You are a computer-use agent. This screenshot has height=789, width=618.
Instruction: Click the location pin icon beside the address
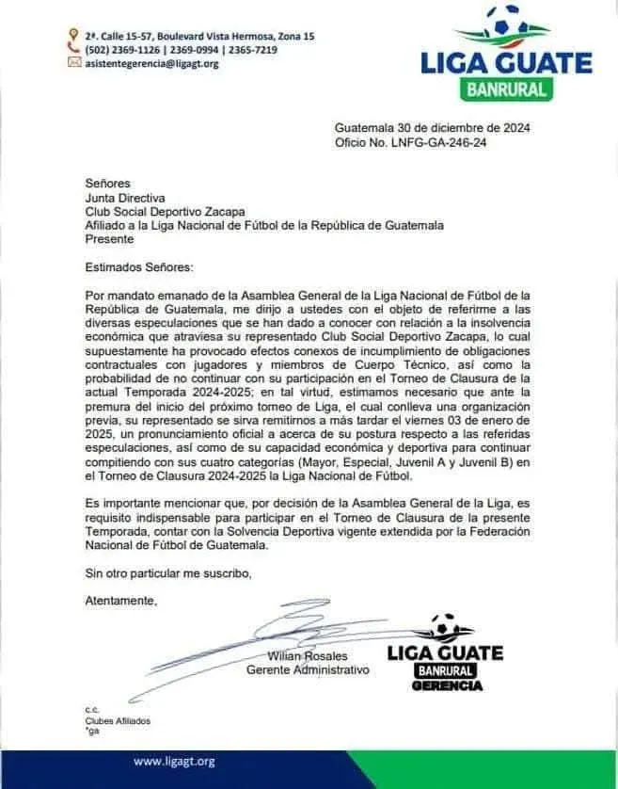(x=73, y=36)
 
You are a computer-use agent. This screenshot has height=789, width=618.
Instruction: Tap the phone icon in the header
(x=73, y=50)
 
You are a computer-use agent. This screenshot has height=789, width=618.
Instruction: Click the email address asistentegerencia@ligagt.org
(x=151, y=63)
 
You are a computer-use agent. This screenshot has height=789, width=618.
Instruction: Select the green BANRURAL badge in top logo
(x=506, y=90)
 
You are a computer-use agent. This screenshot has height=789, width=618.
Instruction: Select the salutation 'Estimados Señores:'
(x=137, y=267)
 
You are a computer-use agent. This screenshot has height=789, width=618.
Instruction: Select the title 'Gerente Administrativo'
(x=308, y=670)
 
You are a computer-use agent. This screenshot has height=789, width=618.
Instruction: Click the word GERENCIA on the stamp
(x=447, y=685)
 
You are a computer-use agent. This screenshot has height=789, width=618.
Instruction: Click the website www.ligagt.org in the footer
(x=175, y=761)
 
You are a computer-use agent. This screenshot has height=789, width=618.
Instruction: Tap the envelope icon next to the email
(x=73, y=63)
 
